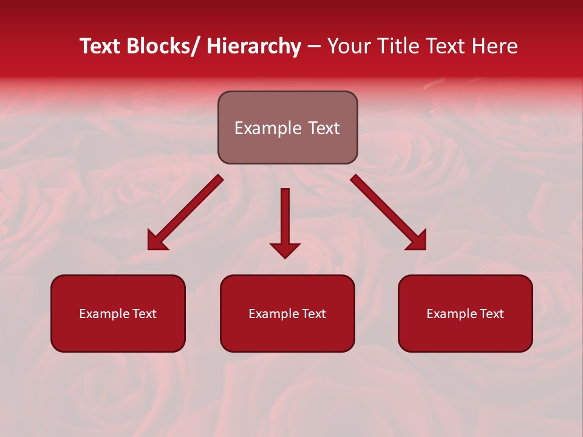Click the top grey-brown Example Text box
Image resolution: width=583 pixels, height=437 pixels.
coord(287,127)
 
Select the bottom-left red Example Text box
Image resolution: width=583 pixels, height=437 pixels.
coord(118,313)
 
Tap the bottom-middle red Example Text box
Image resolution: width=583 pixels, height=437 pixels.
coord(287,313)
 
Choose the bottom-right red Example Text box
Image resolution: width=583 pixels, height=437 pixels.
coord(465,313)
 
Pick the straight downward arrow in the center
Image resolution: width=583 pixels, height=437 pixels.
coord(285,218)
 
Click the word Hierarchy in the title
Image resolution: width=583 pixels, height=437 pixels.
coord(253,47)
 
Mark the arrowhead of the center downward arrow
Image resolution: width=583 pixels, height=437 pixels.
coord(285,249)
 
